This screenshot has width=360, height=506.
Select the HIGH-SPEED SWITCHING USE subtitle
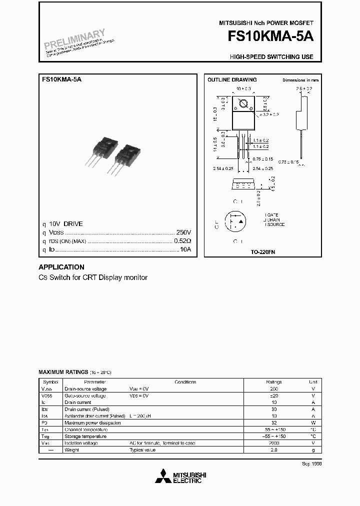coord(271,57)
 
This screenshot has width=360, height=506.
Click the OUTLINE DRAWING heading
coord(232,79)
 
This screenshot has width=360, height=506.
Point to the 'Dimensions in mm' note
coord(300,80)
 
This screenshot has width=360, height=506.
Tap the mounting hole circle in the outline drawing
coord(244,104)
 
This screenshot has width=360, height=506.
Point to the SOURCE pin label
coord(275,224)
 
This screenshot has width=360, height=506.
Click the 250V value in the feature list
coord(184,232)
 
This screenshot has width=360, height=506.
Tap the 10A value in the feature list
coord(185,249)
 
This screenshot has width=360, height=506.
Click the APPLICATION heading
coord(61,267)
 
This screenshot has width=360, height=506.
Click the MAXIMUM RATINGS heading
coord(63,372)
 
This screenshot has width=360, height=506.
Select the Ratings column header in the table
coord(273,382)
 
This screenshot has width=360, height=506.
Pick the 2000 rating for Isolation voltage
coord(273,443)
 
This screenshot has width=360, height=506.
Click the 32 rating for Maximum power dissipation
coord(273,422)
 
